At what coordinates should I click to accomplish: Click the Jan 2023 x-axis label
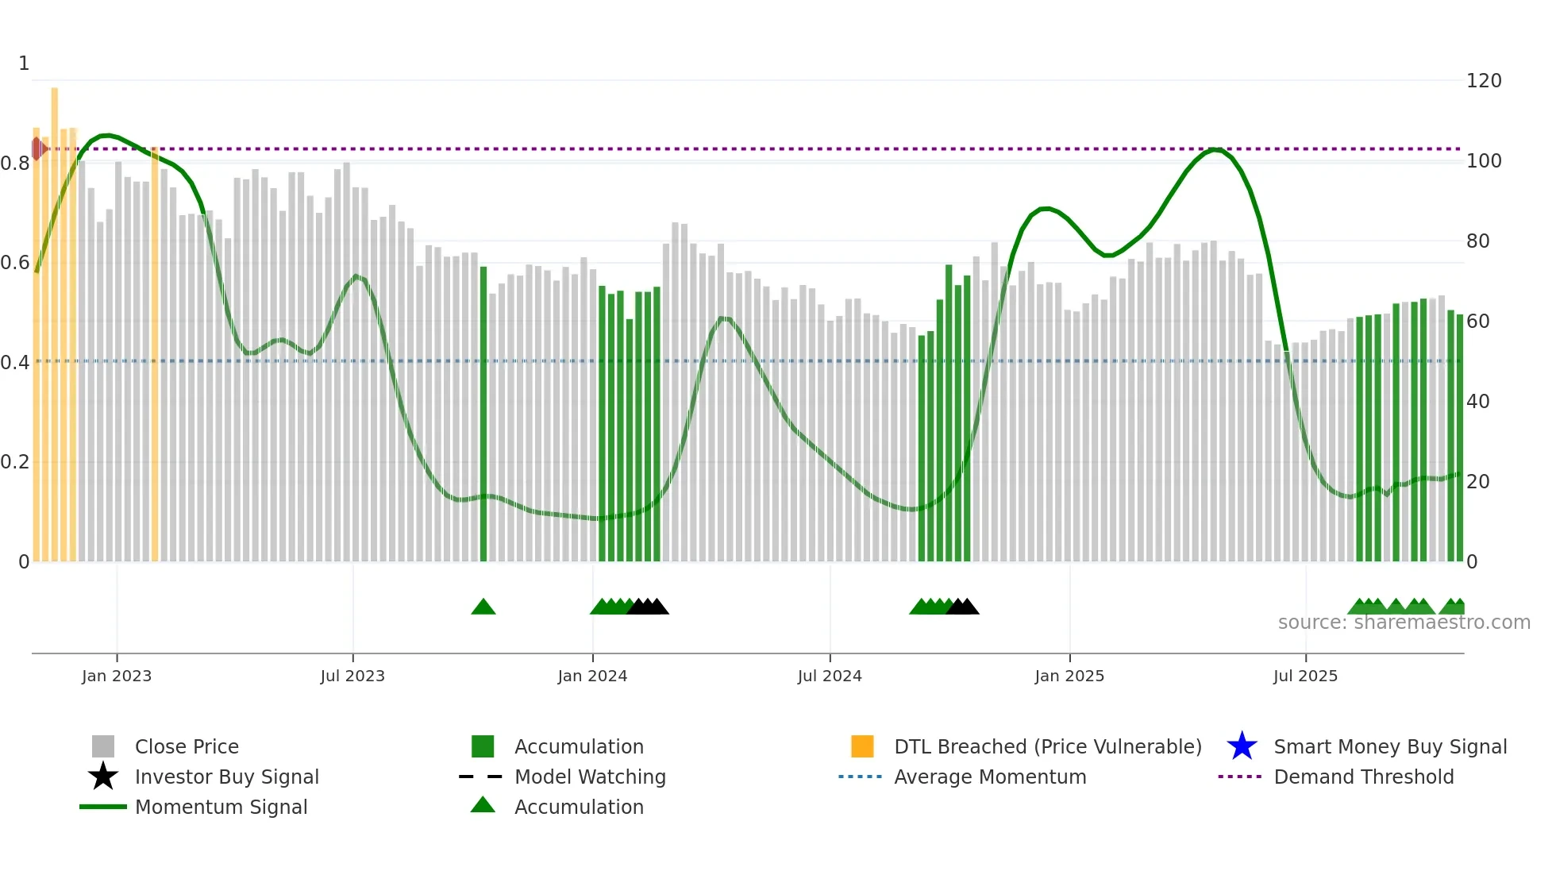click(x=116, y=676)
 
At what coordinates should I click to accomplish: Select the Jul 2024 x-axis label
click(x=829, y=676)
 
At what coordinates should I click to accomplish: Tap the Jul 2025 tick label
click(x=1304, y=676)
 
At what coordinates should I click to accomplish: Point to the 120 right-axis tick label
click(x=1483, y=81)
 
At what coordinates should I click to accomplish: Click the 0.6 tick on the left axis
click(x=15, y=263)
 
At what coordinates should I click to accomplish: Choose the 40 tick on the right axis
click(x=1477, y=402)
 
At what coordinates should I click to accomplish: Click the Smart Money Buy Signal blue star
click(x=1242, y=746)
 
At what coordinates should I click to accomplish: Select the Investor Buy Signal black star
click(x=103, y=777)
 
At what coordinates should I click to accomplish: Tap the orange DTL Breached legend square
click(x=862, y=746)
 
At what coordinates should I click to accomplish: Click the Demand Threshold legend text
click(x=1363, y=777)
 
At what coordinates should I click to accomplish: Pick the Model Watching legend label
click(x=590, y=777)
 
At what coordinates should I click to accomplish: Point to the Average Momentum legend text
click(x=989, y=777)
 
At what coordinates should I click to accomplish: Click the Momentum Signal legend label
click(x=221, y=807)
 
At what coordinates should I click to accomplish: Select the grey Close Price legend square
click(x=103, y=746)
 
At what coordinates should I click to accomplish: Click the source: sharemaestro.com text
click(x=1404, y=623)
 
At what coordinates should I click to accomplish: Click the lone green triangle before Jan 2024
click(x=483, y=607)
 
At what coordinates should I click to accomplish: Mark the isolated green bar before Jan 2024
click(x=483, y=413)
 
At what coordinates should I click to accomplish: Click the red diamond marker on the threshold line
click(x=37, y=148)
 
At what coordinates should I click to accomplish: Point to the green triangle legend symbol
click(x=483, y=805)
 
